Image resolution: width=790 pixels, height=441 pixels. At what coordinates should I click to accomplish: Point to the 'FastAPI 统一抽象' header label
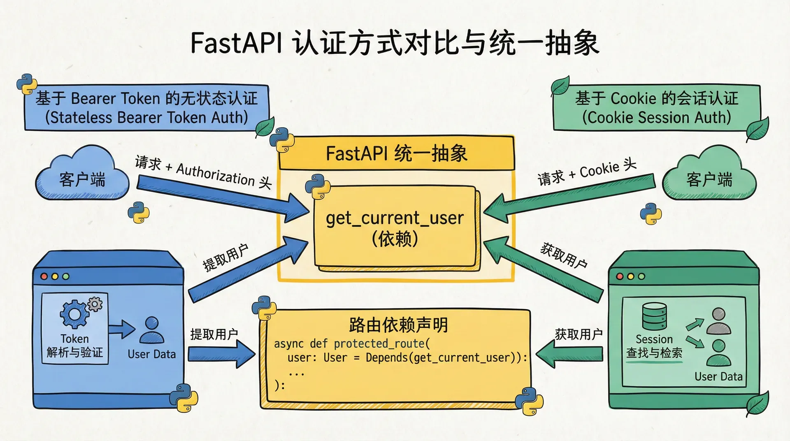(x=396, y=153)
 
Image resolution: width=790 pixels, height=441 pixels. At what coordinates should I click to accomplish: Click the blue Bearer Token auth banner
(x=146, y=108)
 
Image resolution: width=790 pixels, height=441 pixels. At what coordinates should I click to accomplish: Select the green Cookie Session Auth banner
(x=656, y=108)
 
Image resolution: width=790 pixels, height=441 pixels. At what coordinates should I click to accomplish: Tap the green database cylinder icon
(x=654, y=316)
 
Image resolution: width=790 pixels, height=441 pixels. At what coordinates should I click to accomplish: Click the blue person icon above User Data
(x=151, y=330)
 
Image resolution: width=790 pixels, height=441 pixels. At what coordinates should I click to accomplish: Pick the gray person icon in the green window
(x=718, y=321)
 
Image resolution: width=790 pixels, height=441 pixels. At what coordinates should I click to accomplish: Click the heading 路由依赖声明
(x=398, y=325)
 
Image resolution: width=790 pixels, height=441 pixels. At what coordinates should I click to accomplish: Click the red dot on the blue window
(x=44, y=276)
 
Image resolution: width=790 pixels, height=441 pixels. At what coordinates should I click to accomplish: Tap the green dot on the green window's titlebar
(x=641, y=276)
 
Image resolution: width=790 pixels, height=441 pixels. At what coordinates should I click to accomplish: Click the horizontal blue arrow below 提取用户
(x=221, y=354)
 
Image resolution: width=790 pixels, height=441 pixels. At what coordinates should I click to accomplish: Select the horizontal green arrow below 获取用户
(x=570, y=354)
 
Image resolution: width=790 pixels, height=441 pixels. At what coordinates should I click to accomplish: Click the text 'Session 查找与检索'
(x=654, y=346)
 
